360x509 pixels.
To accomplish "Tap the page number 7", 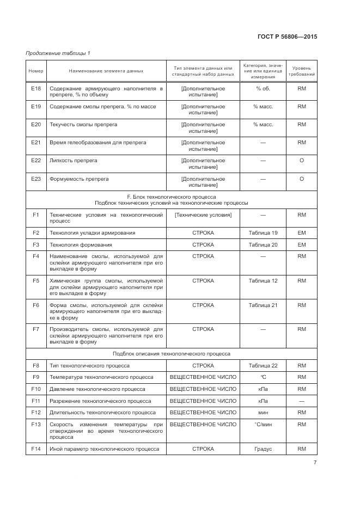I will (315, 463).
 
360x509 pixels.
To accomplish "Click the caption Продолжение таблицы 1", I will (58, 53).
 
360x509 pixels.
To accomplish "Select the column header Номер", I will (36, 71).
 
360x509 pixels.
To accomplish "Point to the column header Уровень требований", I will (301, 71).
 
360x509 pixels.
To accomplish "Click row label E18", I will (36, 88).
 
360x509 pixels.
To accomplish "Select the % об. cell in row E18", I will (263, 88).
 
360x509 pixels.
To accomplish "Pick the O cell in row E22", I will (301, 161).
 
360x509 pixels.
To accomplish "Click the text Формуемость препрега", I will (79, 179).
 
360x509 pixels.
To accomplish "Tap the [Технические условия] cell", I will (203, 215).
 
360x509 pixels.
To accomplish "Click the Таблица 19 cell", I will (263, 233).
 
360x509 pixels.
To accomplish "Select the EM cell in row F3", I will (301, 245).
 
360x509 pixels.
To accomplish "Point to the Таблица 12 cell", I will (263, 281).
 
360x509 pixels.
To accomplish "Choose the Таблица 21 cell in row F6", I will (263, 305).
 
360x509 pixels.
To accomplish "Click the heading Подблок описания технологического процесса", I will (172, 353).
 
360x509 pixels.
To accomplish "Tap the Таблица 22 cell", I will (263, 365).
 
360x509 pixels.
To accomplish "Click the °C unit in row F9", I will (263, 377).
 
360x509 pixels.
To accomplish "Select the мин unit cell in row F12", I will (263, 413).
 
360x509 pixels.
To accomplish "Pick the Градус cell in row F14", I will (263, 449).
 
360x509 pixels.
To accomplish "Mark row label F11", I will (36, 401).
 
